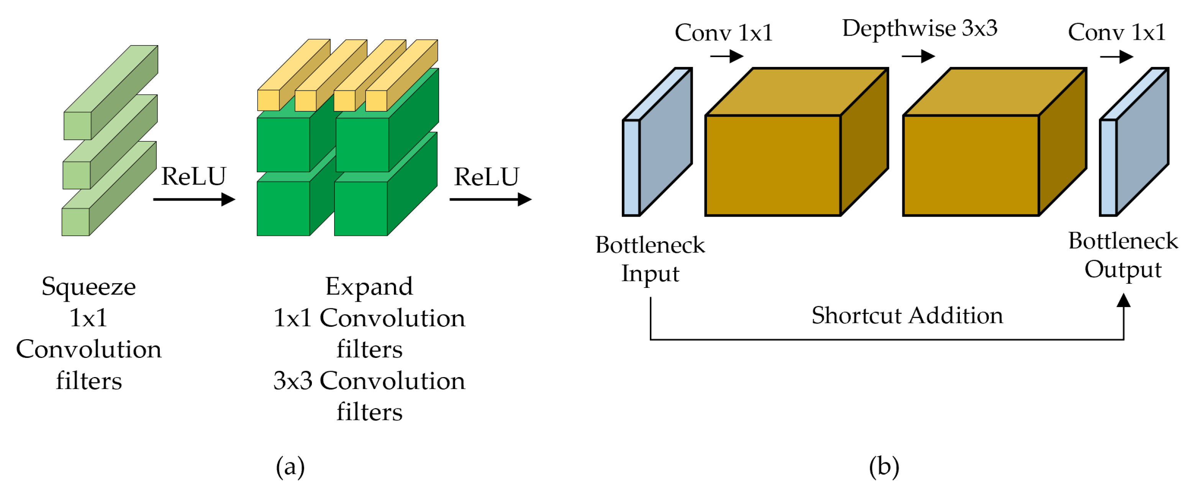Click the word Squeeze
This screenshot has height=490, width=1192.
pos(89,287)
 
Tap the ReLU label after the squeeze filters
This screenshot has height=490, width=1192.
pos(193,176)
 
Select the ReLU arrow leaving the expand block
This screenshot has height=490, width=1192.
pos(490,199)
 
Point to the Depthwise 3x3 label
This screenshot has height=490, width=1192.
pos(920,28)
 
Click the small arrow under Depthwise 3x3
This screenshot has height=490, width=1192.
pos(918,56)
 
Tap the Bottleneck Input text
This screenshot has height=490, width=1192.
pos(650,259)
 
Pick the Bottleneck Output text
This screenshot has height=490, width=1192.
pos(1123,255)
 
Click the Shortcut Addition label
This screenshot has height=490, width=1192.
pos(907,316)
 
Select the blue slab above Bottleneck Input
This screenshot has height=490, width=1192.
pos(657,143)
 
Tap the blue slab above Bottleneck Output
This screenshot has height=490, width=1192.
pos(1134,143)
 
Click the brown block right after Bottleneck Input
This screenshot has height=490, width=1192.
pos(773,165)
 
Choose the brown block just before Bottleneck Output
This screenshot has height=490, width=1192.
pos(971,165)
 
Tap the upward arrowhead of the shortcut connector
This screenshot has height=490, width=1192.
pos(1123,301)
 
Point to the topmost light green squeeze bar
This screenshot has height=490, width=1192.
pos(111,93)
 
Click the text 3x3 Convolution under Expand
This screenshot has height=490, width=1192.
pos(369,381)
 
